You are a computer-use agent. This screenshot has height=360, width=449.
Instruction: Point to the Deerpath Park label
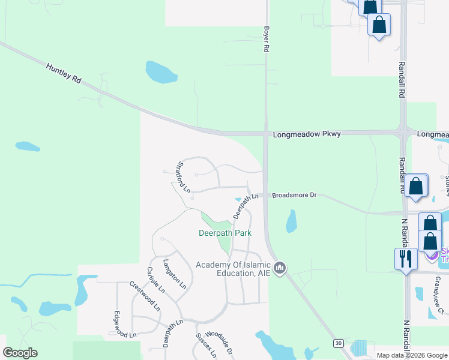pos(224,233)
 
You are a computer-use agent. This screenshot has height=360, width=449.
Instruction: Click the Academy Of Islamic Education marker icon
pos(279,268)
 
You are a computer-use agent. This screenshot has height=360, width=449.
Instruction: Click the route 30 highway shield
pos(338,343)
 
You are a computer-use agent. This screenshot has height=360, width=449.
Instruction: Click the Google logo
pos(20,353)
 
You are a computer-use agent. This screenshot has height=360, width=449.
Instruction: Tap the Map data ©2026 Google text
pos(412,355)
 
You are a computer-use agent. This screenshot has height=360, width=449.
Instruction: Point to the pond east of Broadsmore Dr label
pos(291,221)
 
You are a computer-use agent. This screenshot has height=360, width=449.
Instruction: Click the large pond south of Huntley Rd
pos(160,73)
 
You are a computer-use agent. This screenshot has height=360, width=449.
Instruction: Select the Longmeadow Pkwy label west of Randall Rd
pos(306,134)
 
